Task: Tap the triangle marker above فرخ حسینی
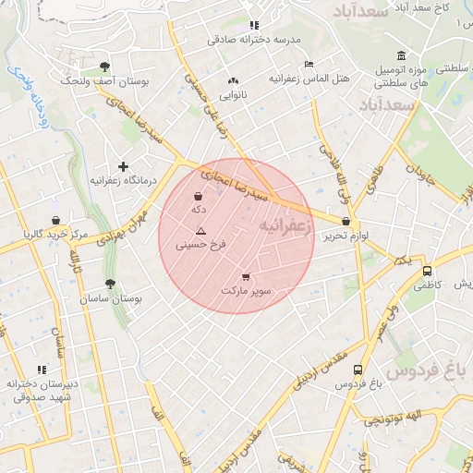(200, 229)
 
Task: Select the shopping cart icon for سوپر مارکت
(246, 276)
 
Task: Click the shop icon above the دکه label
(199, 196)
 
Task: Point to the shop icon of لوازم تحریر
(346, 222)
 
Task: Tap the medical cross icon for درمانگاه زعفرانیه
(123, 166)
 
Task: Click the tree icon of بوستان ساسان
(110, 285)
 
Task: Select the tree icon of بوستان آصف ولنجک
(104, 67)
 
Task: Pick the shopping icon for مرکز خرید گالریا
(56, 221)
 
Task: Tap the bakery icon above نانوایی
(233, 81)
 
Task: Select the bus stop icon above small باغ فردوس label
(358, 370)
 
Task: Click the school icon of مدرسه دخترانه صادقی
(254, 25)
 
